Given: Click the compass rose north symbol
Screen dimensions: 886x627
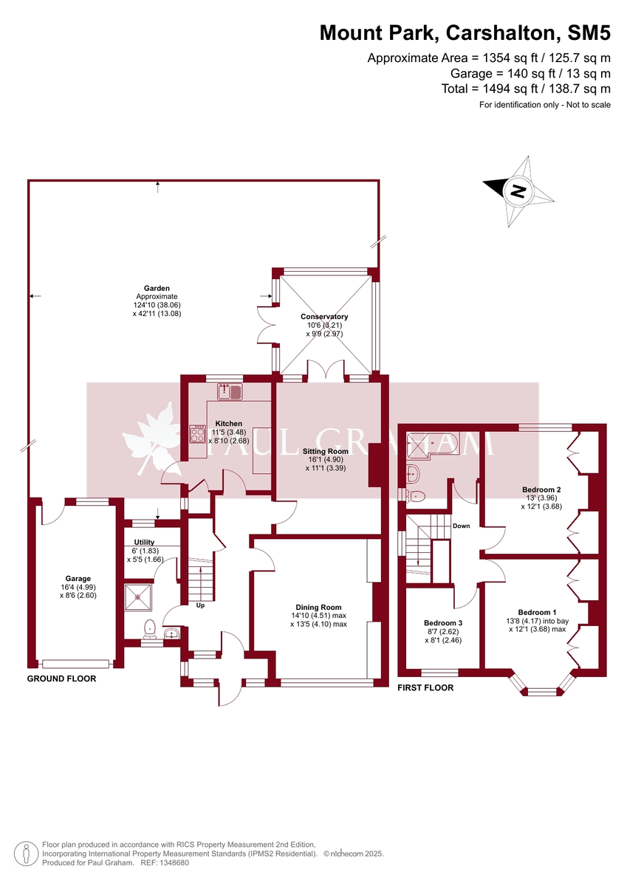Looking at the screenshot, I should [518, 191].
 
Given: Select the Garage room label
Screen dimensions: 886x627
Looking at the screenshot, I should [79, 579].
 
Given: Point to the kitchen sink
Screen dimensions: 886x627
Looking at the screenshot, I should [230, 391].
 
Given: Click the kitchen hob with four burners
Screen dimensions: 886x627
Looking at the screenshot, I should [197, 434].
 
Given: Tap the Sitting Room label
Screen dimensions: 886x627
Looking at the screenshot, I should [325, 450].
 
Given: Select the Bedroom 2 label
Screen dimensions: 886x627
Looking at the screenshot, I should [541, 490].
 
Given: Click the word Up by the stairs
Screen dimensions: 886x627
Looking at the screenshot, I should [200, 605].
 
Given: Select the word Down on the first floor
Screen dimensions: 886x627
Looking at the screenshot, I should [461, 526].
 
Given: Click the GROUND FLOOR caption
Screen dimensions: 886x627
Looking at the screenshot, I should [61, 679].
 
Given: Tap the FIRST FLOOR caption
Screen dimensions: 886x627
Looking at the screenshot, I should [425, 687].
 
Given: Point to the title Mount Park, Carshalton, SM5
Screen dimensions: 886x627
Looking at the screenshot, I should [465, 32].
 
